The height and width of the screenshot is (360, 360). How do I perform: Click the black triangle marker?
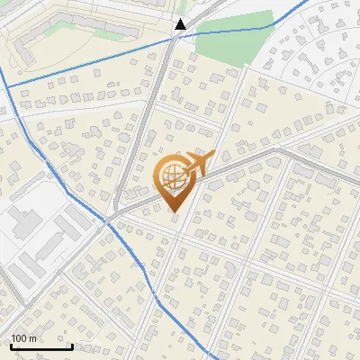[x=181, y=24]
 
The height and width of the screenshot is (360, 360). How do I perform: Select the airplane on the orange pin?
[x=194, y=166]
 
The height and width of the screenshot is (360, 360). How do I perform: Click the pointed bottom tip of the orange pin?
[x=173, y=211]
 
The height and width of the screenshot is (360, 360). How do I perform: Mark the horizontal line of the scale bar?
[x=40, y=347]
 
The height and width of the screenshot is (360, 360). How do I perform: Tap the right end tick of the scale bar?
[x=72, y=345]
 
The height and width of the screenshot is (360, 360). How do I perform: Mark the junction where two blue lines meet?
[x=107, y=220]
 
